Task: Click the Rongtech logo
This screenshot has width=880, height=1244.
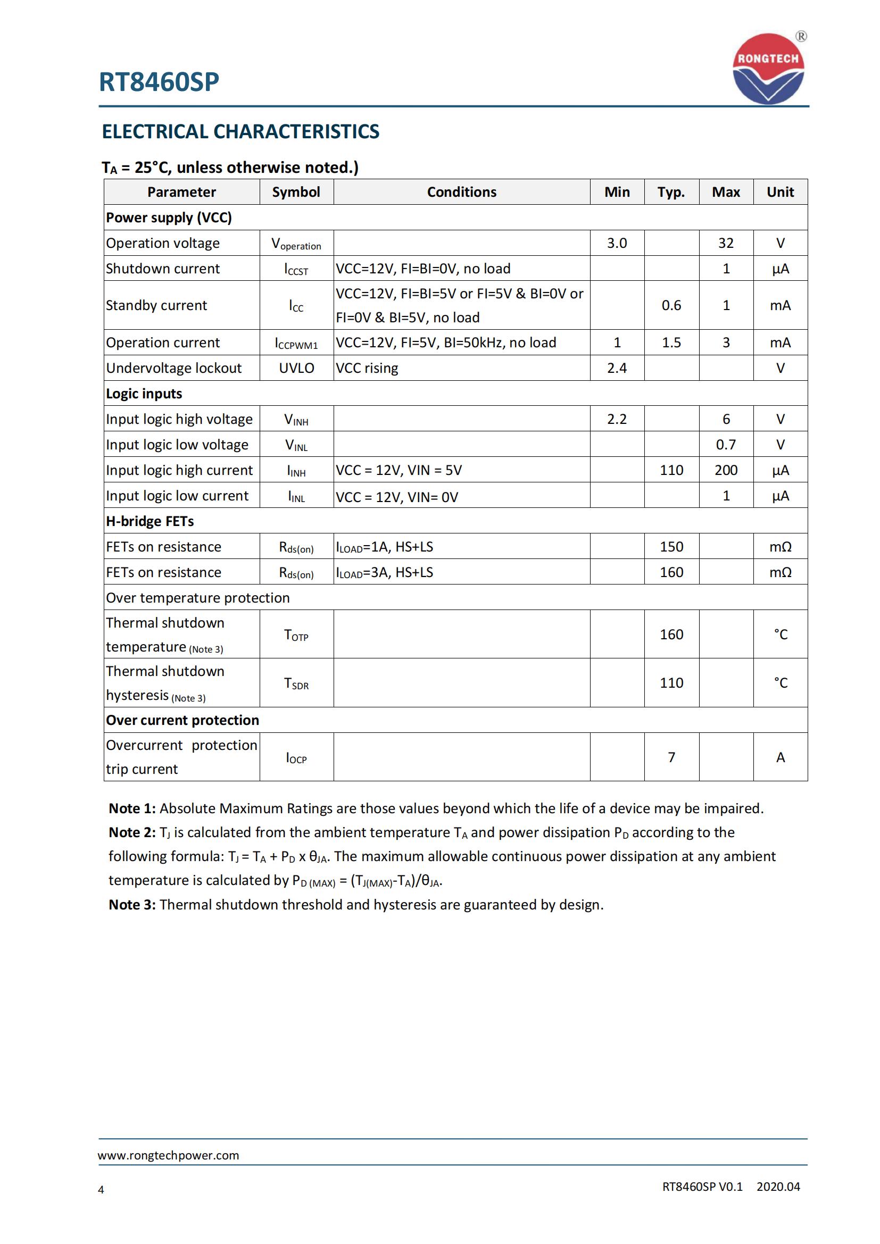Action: click(x=768, y=69)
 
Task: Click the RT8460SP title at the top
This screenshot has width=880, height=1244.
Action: click(x=159, y=82)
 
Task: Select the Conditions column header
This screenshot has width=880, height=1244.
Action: click(x=461, y=192)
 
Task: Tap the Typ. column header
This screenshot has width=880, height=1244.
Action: click(x=671, y=192)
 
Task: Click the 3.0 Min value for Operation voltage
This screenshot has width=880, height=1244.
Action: click(x=617, y=243)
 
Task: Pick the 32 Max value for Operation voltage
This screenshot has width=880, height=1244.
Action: click(x=726, y=243)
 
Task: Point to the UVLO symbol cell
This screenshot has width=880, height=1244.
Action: click(x=296, y=368)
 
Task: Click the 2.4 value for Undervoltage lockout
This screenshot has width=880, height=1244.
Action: click(x=617, y=368)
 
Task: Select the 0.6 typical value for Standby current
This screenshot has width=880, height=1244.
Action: click(x=671, y=305)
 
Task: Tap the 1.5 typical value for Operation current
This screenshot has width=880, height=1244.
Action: click(x=671, y=343)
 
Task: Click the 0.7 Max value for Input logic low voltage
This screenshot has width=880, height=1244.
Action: click(x=726, y=444)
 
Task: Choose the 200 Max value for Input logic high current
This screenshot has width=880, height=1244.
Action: click(x=726, y=470)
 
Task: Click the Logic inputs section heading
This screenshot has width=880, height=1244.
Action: click(x=144, y=394)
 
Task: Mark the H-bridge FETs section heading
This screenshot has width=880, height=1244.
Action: click(x=150, y=521)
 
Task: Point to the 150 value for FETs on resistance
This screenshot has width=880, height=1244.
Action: click(x=671, y=547)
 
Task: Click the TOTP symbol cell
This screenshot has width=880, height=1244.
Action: click(x=296, y=635)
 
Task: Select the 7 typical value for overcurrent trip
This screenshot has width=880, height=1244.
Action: click(x=671, y=757)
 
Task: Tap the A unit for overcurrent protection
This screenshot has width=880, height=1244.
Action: click(x=781, y=757)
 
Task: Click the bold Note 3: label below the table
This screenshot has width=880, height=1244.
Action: click(x=132, y=904)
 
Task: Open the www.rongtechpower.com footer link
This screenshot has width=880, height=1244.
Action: click(x=169, y=1155)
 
